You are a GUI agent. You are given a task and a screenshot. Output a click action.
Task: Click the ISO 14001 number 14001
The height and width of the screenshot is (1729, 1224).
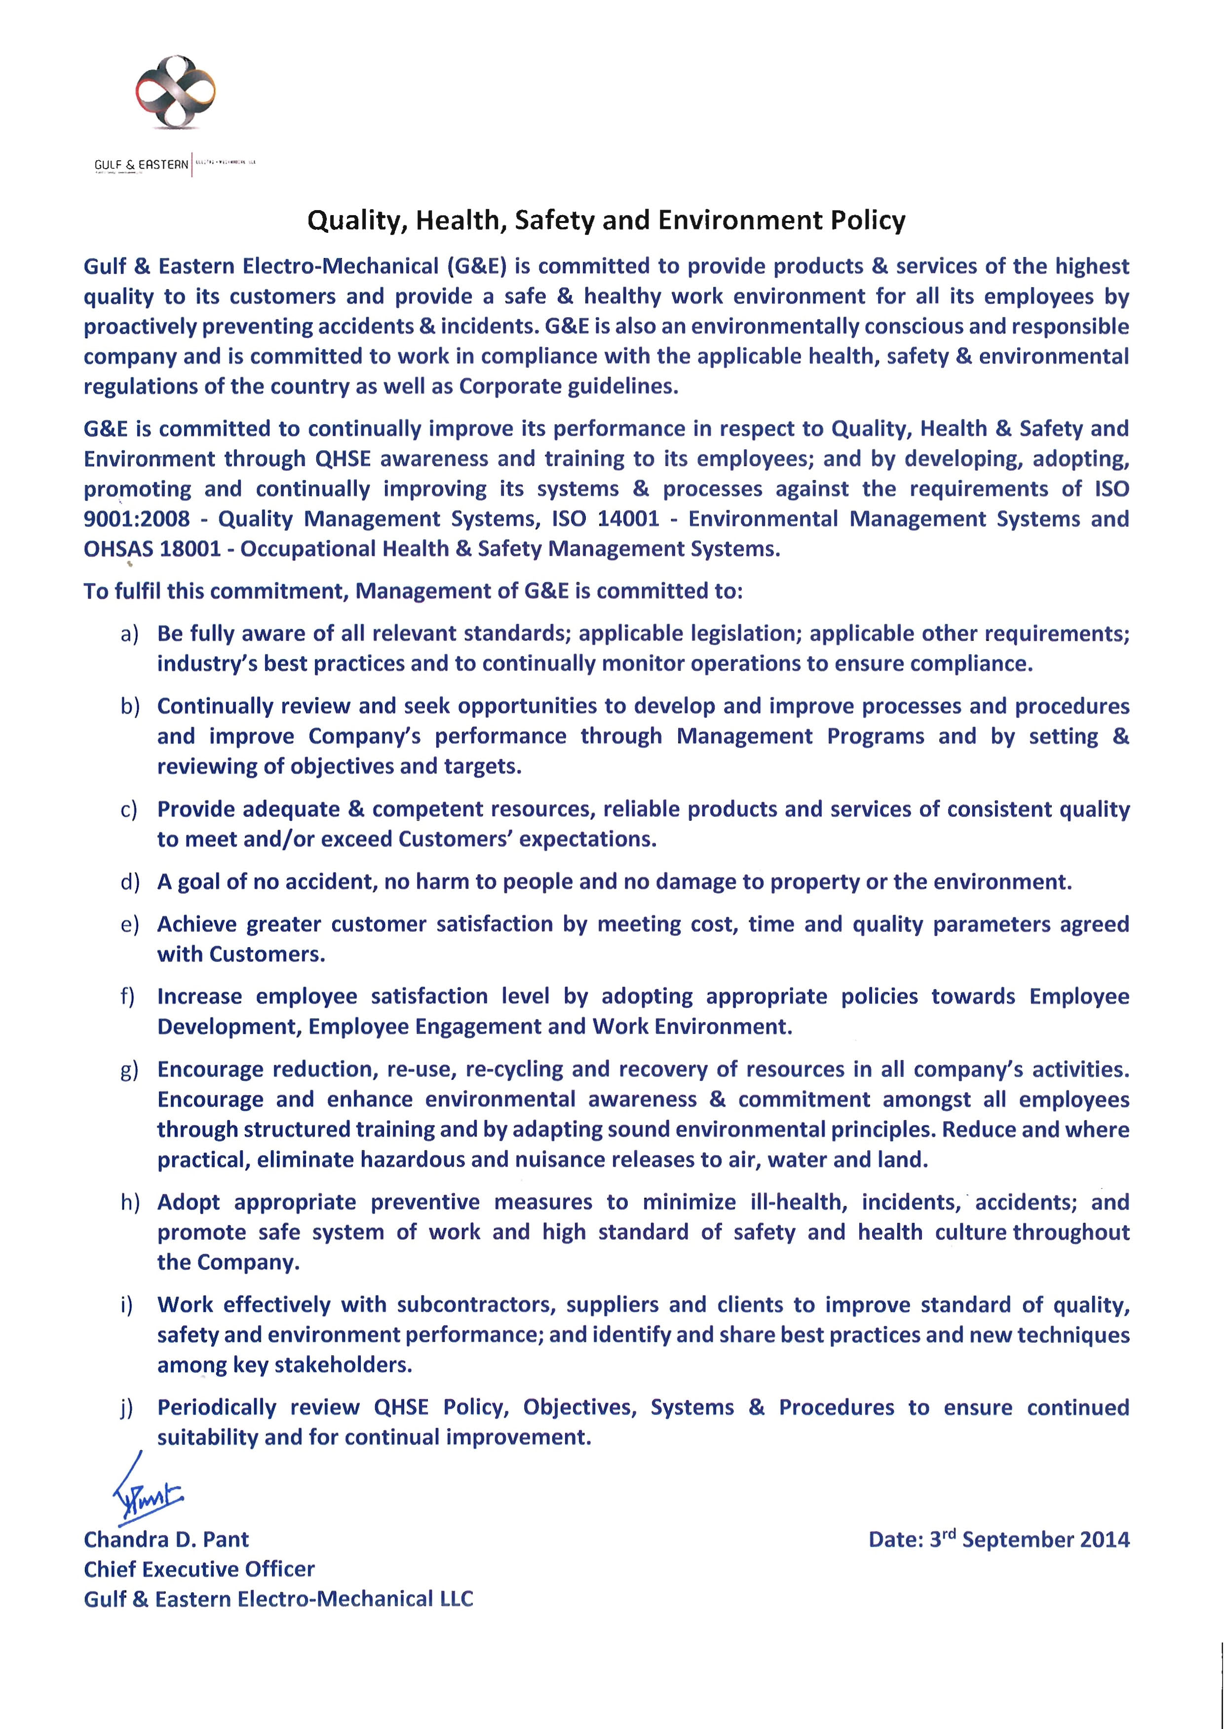(x=629, y=519)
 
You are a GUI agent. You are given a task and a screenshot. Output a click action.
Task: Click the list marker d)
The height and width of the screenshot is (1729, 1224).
(x=130, y=882)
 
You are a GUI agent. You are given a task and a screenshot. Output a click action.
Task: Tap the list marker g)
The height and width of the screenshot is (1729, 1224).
(x=130, y=1070)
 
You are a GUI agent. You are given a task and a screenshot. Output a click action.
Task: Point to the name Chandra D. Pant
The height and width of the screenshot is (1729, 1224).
(x=166, y=1539)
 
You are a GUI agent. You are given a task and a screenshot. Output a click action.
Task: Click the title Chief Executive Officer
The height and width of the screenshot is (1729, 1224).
(x=199, y=1569)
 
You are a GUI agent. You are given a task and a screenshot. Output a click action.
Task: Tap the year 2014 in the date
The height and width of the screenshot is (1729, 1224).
(x=1104, y=1539)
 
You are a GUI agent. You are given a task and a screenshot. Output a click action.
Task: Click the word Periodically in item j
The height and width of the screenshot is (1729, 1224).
(x=216, y=1407)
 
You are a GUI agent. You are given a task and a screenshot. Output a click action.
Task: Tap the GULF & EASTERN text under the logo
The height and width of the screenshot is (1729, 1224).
(x=141, y=165)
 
